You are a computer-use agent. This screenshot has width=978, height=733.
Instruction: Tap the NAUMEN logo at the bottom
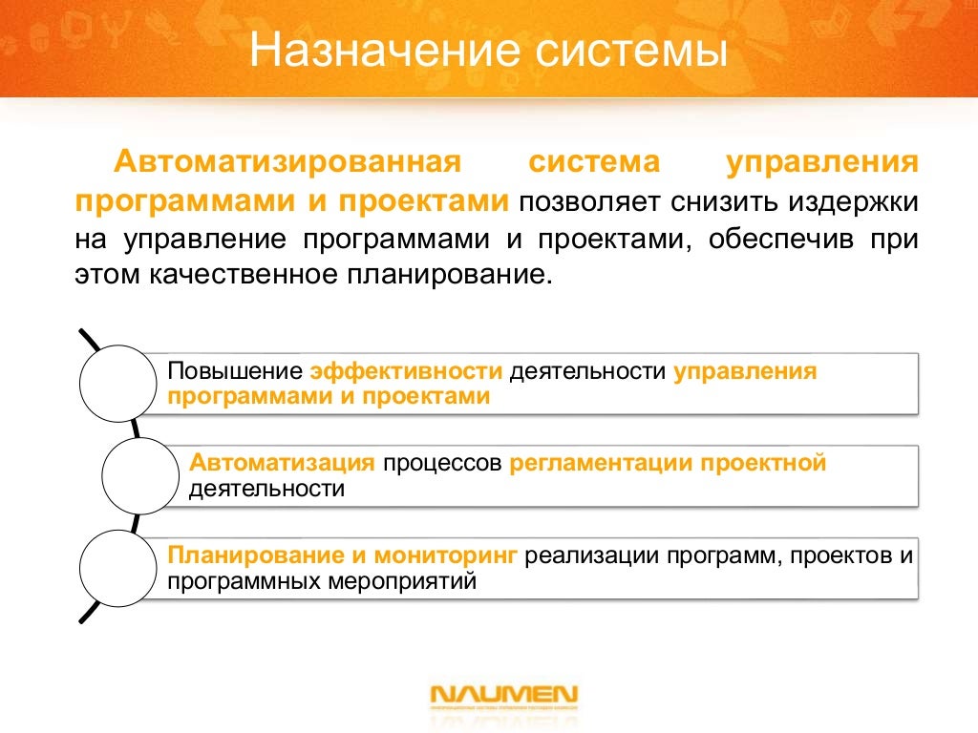pyautogui.click(x=503, y=695)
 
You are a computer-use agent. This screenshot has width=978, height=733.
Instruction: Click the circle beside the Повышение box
pyautogui.click(x=117, y=382)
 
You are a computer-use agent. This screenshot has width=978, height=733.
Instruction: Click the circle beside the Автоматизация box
pyautogui.click(x=140, y=474)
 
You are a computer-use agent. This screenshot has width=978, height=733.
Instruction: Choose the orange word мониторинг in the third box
pyautogui.click(x=446, y=555)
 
